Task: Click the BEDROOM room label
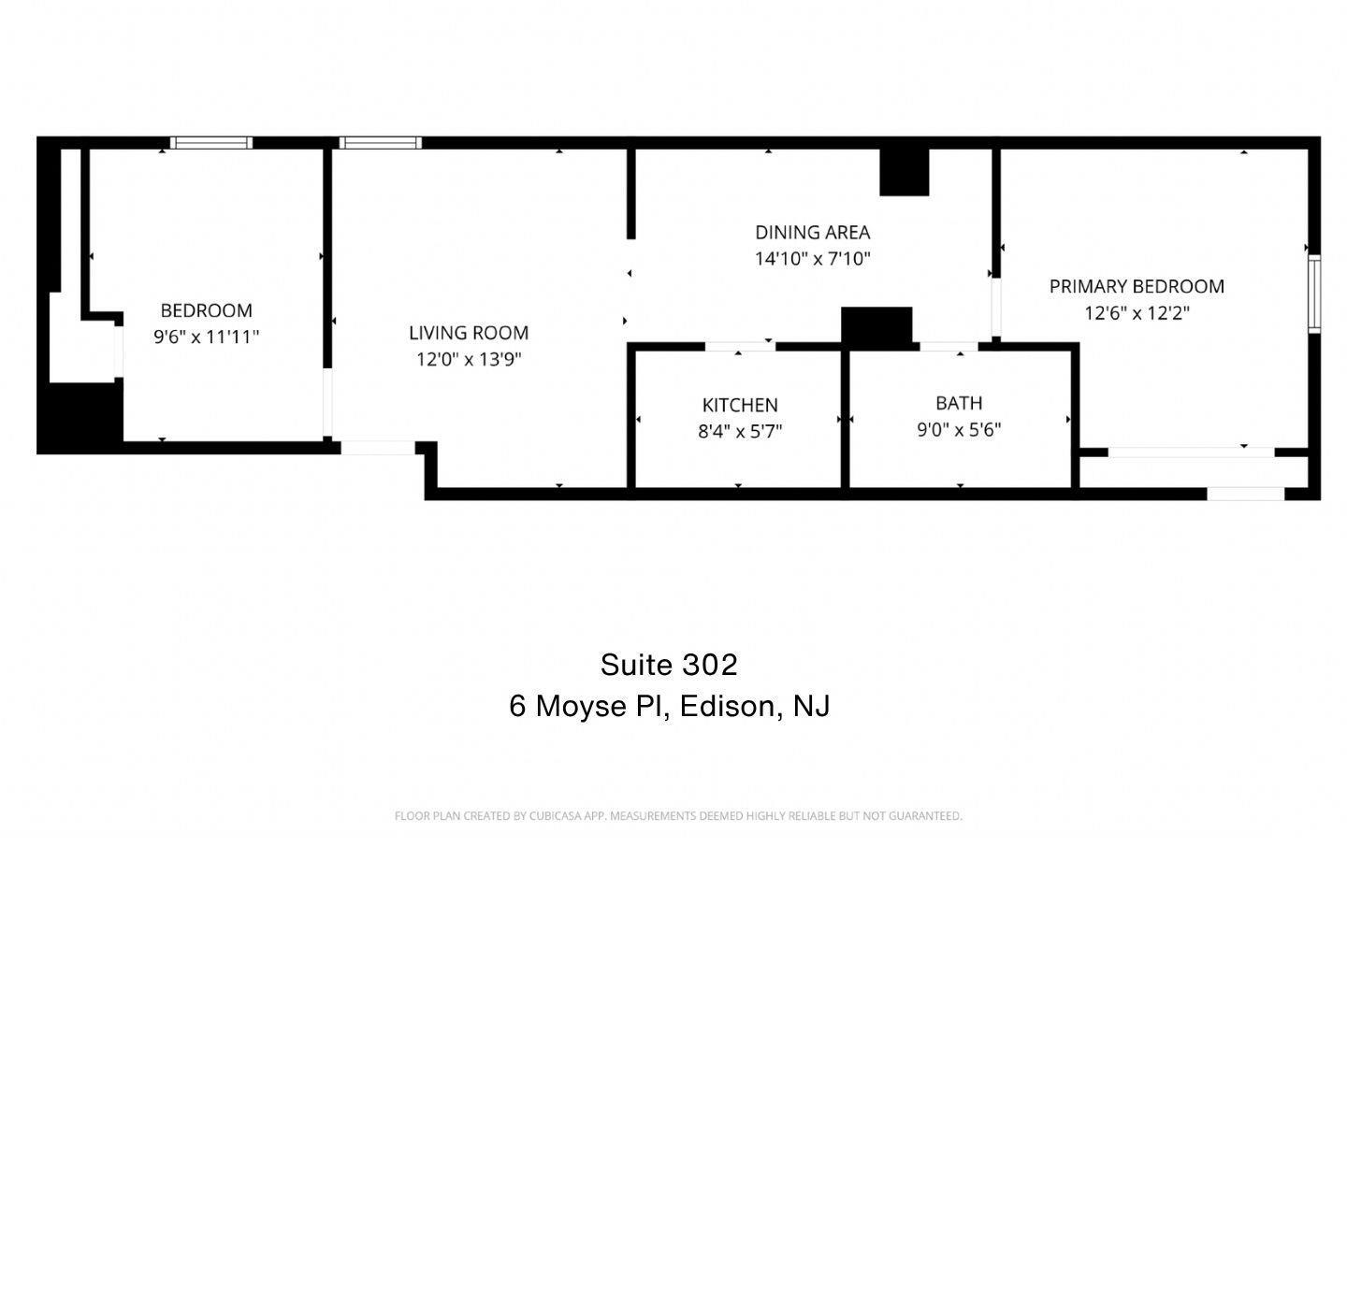(207, 310)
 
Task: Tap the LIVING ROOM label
(469, 334)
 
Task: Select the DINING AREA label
(812, 233)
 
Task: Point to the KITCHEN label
(740, 406)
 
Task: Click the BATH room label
(959, 403)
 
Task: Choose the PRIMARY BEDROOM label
(1137, 286)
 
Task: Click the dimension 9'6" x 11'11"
(207, 337)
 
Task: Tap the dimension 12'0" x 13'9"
(469, 360)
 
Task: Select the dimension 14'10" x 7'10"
(812, 259)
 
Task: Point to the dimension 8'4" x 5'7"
(740, 432)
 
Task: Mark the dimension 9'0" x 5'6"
(959, 430)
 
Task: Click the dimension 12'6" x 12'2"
(1137, 313)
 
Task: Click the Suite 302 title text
(669, 666)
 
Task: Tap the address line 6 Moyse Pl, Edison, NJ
(670, 707)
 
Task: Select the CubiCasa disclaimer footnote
(678, 816)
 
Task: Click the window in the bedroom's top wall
(211, 143)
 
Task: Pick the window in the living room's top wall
(380, 143)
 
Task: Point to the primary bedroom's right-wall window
(1313, 294)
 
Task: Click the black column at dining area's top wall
(904, 171)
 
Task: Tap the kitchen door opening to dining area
(740, 347)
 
